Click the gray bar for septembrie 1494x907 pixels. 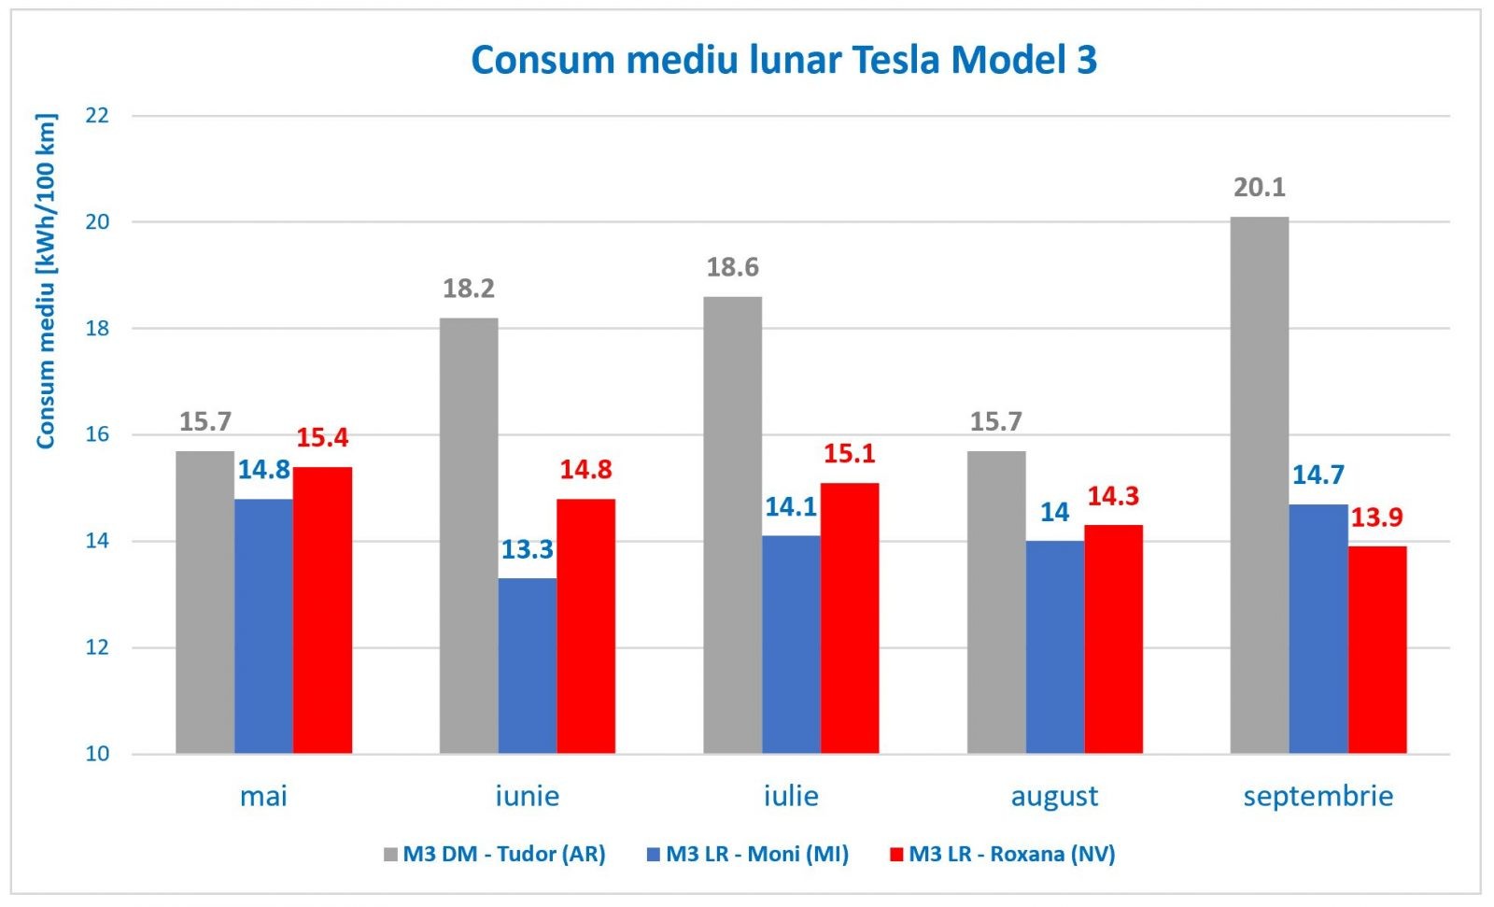(1259, 486)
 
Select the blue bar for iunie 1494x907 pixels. (527, 666)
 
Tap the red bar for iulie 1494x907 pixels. (850, 618)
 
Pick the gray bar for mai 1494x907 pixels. (205, 602)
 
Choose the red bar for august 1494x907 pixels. (1113, 640)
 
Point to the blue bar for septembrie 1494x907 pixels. (1318, 629)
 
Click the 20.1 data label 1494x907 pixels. (1259, 188)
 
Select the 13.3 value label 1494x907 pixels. (527, 549)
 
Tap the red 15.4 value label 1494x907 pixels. (322, 437)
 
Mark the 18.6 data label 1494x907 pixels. (732, 268)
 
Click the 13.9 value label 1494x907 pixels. (1376, 517)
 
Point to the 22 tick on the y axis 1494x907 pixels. (97, 116)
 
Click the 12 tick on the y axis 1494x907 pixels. (97, 647)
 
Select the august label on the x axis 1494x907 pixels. (1054, 796)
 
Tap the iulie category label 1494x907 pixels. (791, 796)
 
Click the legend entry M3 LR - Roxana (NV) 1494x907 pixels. (1011, 854)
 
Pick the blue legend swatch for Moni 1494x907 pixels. (654, 854)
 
